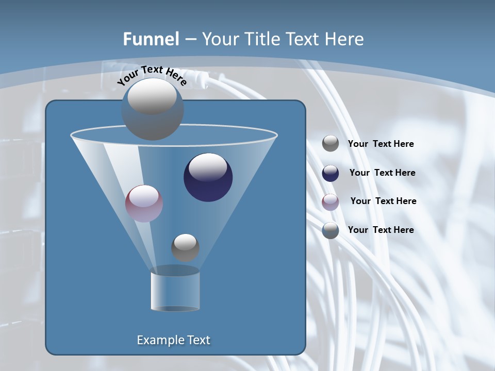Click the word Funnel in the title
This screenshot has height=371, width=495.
(x=151, y=39)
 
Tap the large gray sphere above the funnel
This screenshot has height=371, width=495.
(x=152, y=109)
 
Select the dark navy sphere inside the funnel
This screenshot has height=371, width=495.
(x=208, y=178)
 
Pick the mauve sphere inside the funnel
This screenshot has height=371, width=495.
(x=144, y=203)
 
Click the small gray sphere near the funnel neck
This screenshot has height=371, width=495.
(x=185, y=247)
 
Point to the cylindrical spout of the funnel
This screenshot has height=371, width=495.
(x=175, y=291)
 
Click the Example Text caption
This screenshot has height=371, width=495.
(x=173, y=340)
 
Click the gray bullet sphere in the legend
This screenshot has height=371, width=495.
(x=331, y=144)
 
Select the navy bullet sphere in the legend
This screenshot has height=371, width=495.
(x=331, y=173)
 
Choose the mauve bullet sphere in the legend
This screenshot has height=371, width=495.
(x=331, y=201)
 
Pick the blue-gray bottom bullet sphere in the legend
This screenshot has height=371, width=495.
(x=331, y=230)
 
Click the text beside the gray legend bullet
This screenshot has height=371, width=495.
(x=381, y=144)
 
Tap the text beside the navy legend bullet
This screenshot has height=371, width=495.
(x=382, y=173)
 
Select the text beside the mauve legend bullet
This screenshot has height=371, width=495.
(x=383, y=201)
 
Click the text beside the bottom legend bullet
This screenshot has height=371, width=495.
(x=381, y=230)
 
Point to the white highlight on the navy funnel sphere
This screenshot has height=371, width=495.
(x=208, y=167)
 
